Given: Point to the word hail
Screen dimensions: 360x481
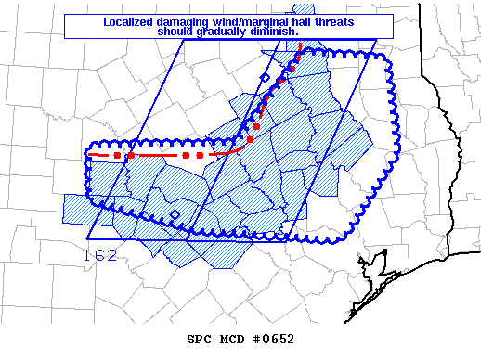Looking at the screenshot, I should pos(293,21).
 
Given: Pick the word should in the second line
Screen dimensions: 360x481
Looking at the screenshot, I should pos(177,31).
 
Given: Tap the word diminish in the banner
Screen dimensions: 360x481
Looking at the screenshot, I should pos(276,31).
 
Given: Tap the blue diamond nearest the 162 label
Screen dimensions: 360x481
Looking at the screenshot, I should pos(175,215).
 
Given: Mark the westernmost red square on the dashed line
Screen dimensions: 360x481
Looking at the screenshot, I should pos(117,155).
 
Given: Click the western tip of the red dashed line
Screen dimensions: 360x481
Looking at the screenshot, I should pos(90,155).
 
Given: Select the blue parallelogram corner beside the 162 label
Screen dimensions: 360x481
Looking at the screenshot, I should pos(86,239).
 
